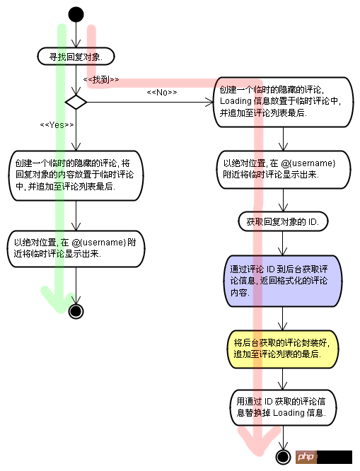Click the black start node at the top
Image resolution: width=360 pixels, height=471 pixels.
(76, 14)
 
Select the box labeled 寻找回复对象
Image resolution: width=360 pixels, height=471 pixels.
(75, 56)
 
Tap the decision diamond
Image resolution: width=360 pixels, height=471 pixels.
(75, 103)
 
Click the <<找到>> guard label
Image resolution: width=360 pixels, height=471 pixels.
(100, 80)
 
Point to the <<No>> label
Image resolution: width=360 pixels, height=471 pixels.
(161, 93)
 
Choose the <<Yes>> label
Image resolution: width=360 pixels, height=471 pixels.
(57, 124)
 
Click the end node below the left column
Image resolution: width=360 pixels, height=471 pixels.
(76, 310)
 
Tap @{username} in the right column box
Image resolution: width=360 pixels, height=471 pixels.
(308, 163)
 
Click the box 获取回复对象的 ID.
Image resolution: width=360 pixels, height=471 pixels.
(282, 222)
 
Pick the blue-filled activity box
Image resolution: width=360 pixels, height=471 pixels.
(282, 281)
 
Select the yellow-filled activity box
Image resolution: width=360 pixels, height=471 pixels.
(282, 348)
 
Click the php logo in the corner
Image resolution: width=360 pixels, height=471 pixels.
(305, 457)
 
